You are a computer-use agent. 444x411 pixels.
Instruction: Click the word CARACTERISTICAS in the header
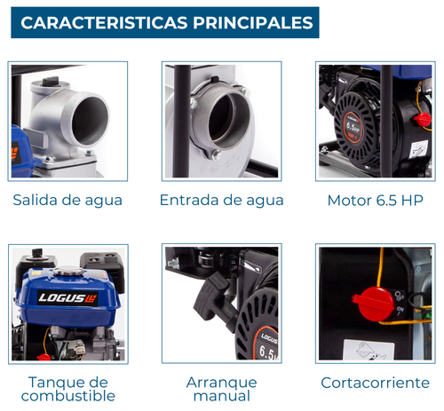click(x=104, y=23)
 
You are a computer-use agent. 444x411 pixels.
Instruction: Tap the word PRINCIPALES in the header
click(x=253, y=23)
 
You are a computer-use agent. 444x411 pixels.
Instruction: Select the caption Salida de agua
click(x=67, y=201)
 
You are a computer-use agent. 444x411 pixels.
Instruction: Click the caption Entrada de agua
click(x=221, y=201)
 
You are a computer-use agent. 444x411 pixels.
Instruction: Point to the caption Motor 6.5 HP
click(x=376, y=201)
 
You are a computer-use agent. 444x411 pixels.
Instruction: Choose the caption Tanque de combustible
click(x=68, y=389)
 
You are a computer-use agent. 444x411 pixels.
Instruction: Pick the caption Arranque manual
click(x=221, y=389)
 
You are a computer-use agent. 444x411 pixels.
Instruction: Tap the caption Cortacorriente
click(x=375, y=383)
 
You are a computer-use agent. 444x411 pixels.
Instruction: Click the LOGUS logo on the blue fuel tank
click(x=67, y=297)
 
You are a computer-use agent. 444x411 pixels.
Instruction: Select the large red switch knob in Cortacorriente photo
click(x=373, y=304)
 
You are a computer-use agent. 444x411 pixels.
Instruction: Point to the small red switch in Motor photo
click(x=423, y=119)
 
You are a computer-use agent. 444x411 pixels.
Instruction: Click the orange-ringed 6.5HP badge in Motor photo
click(x=353, y=126)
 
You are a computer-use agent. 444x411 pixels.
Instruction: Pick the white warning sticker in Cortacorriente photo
click(x=369, y=350)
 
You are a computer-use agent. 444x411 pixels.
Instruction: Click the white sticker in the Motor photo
click(x=418, y=149)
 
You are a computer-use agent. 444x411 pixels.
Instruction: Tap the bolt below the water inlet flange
click(x=216, y=154)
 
